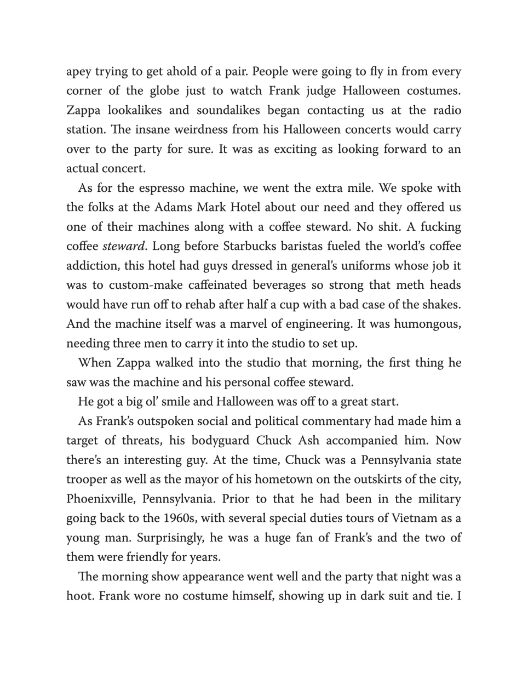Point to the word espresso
coord(163,188)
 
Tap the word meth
coord(407,286)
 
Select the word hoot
coord(79,596)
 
